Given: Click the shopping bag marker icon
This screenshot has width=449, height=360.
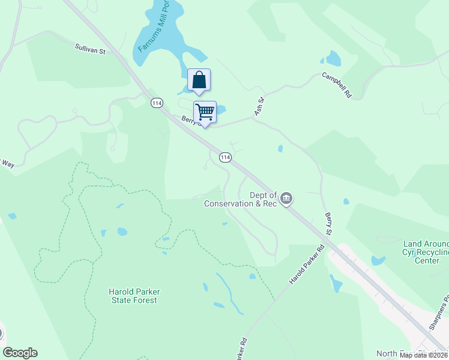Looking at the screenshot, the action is (199, 80).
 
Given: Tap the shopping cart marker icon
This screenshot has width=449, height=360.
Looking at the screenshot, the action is (205, 112).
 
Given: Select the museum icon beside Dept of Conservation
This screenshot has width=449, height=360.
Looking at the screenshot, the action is (286, 198).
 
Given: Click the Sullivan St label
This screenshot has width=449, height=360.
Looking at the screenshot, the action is (90, 49).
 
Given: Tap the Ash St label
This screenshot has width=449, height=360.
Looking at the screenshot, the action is (259, 108).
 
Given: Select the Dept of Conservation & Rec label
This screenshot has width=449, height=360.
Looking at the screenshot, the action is (240, 199).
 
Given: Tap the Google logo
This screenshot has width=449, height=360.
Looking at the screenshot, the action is (20, 353).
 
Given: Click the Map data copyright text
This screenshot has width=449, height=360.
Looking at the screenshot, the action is (423, 355).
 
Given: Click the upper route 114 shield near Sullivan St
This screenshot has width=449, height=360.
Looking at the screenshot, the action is (157, 103).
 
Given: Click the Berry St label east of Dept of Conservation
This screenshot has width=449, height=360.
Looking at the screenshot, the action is (328, 223).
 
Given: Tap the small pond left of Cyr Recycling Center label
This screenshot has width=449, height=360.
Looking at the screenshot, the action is (378, 260).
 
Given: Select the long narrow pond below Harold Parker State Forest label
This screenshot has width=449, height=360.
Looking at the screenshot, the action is (230, 293).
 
